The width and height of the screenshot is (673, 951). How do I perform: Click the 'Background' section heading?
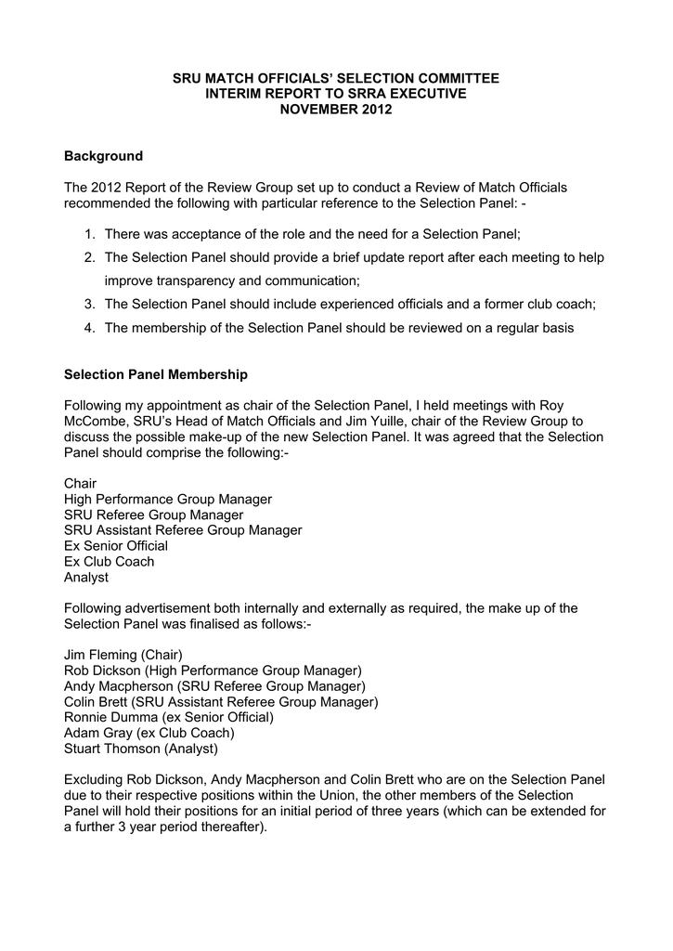pos(103,156)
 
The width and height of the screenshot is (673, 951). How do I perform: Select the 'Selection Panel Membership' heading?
pos(156,375)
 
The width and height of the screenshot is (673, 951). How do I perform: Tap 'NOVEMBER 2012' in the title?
pos(336,110)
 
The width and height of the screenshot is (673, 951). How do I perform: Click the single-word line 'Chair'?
pos(81,484)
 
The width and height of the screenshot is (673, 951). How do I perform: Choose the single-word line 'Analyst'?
pos(86,577)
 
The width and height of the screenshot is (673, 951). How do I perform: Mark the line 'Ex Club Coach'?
pos(110,562)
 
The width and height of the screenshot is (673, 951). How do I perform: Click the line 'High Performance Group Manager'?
pos(168,500)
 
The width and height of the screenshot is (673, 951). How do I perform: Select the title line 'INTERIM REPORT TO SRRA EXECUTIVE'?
pos(336,95)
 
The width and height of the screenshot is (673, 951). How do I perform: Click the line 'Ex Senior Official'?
pos(116,546)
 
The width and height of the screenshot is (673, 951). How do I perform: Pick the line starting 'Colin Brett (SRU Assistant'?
pos(221,701)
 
